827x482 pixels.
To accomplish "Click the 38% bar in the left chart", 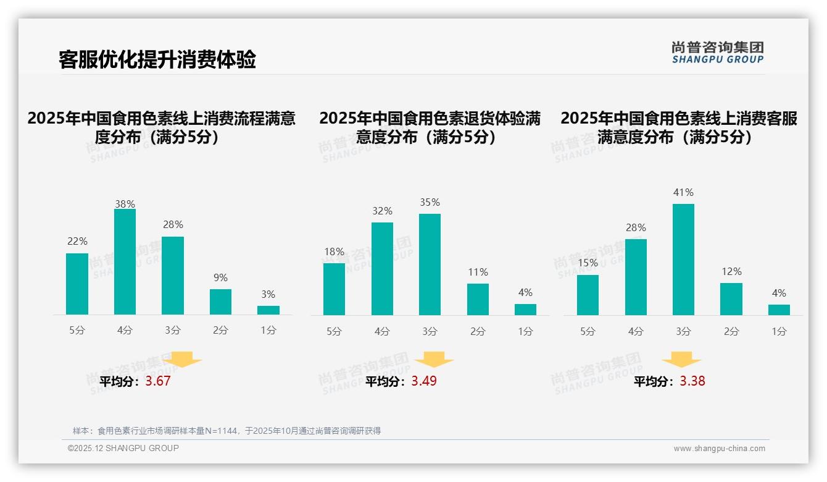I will tap(125, 262).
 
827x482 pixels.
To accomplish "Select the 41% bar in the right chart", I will tap(683, 260).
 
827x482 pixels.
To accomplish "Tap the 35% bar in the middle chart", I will tap(430, 264).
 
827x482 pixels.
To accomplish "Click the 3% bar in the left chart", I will tap(268, 310).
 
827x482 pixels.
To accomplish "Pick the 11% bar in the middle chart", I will tap(478, 300).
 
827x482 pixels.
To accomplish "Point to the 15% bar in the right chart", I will tap(588, 295).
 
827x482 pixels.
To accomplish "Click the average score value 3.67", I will tap(158, 381).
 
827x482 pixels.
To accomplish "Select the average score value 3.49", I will tap(424, 381).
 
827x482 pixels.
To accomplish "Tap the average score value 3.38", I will tap(692, 381).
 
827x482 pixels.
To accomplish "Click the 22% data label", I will tap(77, 242).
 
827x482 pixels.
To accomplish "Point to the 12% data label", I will tap(731, 272).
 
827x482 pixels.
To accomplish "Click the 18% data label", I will tap(334, 252).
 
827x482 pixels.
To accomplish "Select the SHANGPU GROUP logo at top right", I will tap(717, 53).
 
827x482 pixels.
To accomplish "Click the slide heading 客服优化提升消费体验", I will tap(157, 60).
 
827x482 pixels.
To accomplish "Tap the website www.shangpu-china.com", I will tap(719, 449).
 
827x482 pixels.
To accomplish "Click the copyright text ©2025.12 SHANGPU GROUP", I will tap(123, 448).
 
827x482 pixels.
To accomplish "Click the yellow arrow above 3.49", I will tap(434, 360).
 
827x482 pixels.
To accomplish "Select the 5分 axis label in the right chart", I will tap(588, 332).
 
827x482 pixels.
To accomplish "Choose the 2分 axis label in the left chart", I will tap(220, 331).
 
